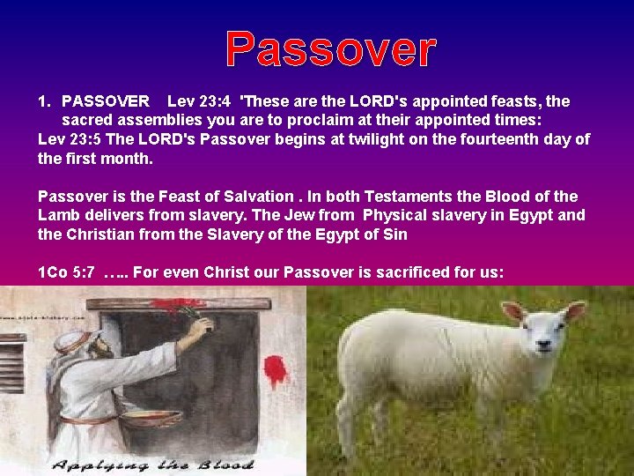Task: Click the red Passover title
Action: pos(330,49)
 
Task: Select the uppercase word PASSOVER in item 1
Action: pos(106,102)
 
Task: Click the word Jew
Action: pos(298,216)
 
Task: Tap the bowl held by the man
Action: pos(146,419)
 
